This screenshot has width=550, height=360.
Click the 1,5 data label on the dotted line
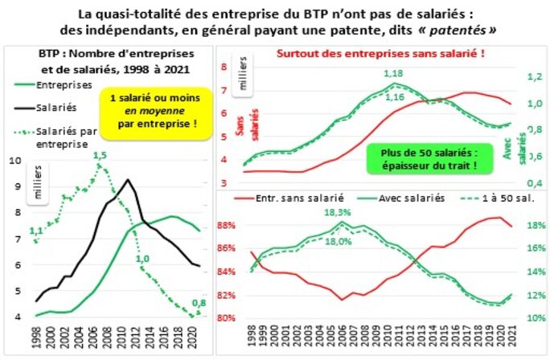coord(100,155)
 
